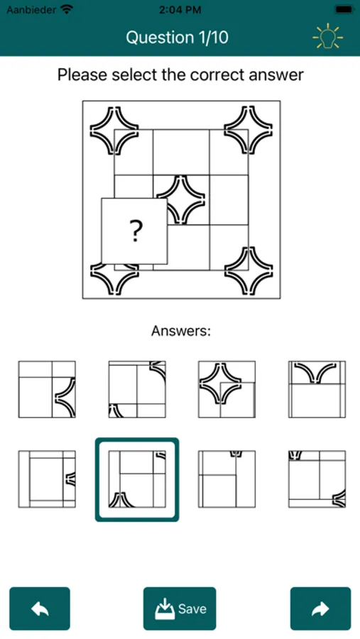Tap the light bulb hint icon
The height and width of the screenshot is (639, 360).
(x=328, y=37)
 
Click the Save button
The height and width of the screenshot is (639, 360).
(x=180, y=608)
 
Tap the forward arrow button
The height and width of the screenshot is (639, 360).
(x=320, y=608)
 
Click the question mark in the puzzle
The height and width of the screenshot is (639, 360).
(x=135, y=231)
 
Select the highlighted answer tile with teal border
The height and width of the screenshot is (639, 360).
(x=137, y=479)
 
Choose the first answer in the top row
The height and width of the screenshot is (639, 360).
(x=47, y=389)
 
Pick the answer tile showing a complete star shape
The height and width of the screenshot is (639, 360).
(x=227, y=389)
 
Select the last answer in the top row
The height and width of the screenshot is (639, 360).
(x=317, y=389)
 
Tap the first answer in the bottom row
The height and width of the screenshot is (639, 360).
(x=47, y=479)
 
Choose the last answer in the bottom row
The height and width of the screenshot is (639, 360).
(x=317, y=479)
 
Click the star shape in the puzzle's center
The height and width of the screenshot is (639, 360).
(x=180, y=200)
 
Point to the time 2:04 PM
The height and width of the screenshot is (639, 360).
(x=180, y=10)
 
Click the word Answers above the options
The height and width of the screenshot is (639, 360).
(x=180, y=331)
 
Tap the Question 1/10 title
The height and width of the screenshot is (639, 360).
(x=177, y=38)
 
